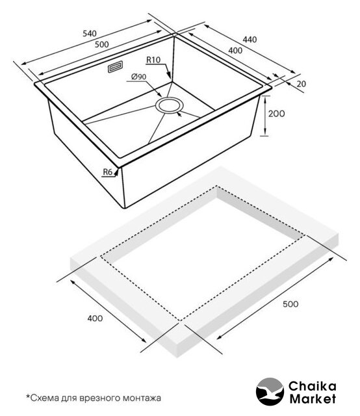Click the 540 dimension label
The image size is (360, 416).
point(90,34)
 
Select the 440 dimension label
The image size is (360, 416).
point(250,40)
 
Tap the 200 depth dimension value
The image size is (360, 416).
point(276,114)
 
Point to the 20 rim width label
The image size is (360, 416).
point(301,84)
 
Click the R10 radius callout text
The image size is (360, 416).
point(153,60)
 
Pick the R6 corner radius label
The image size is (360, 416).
point(108,172)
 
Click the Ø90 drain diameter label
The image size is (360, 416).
point(139,77)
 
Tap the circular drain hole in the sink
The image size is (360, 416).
point(169,105)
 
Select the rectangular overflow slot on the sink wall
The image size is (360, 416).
point(115,66)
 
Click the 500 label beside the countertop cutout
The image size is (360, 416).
point(290,304)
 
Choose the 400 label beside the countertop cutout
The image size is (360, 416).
point(95,318)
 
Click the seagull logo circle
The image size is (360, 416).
point(270,391)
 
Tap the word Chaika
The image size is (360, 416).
point(313,386)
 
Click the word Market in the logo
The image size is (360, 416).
point(313,398)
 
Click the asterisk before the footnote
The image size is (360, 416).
point(27,396)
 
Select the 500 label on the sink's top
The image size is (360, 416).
point(101,44)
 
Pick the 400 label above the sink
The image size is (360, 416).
point(235,50)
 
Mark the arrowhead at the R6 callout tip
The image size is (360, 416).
point(116,172)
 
